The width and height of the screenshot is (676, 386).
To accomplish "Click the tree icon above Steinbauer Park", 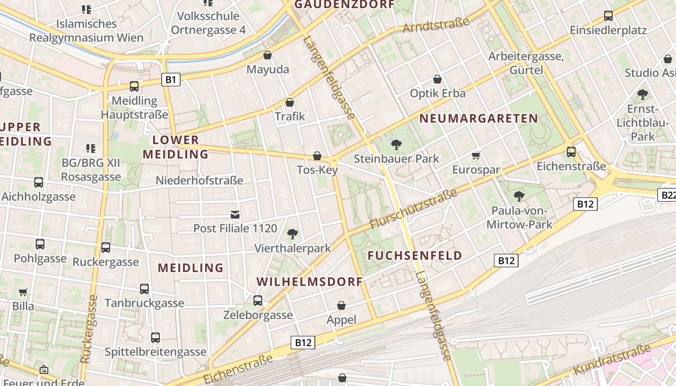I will pos(396,144).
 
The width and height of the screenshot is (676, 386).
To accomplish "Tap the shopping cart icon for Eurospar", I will pos(476,155).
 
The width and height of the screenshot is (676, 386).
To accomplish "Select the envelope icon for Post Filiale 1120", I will pos(235,214).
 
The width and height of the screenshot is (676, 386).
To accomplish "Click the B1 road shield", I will pos(170,80).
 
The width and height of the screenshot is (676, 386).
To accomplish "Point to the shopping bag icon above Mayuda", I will pos(268,55).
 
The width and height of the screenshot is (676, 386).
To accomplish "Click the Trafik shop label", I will pos(290,116).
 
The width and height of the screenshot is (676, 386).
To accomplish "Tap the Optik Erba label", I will pos(437,93).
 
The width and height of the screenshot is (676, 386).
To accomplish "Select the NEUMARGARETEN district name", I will pos(479,119).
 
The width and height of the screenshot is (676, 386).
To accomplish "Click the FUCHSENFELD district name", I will pos(415,256).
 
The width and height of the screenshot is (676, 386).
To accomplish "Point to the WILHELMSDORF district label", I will pos(309,282).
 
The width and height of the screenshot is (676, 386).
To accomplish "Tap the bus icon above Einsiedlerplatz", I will pos(608,16).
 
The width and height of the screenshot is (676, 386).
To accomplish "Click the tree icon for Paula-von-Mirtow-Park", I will pos(519,196).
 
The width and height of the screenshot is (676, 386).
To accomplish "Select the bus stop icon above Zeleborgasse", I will pos(258,301).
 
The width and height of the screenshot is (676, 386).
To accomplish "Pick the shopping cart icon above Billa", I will pos(23,292).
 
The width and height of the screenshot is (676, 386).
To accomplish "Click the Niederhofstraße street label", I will pos(199,180).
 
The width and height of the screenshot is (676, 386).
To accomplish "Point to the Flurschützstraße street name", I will pos(413,209).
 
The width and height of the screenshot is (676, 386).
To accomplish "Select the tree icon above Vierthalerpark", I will pos(292,234).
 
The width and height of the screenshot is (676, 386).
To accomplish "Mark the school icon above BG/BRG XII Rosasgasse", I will pos(90,148).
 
